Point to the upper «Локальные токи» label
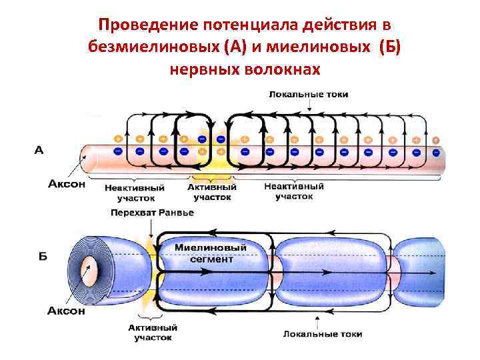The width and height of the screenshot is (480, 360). [x=308, y=95]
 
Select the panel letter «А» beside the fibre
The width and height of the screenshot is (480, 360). [x=39, y=151]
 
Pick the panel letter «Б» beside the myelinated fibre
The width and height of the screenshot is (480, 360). [x=42, y=257]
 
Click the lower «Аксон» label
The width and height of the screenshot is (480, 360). [x=66, y=310]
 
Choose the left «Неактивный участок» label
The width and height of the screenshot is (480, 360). [x=129, y=193]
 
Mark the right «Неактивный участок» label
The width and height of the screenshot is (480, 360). [x=294, y=191]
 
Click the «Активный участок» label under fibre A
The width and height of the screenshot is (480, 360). [x=212, y=193]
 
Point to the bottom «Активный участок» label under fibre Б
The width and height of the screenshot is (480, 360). [x=153, y=333]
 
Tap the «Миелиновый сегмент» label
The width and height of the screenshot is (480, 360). [x=211, y=253]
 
